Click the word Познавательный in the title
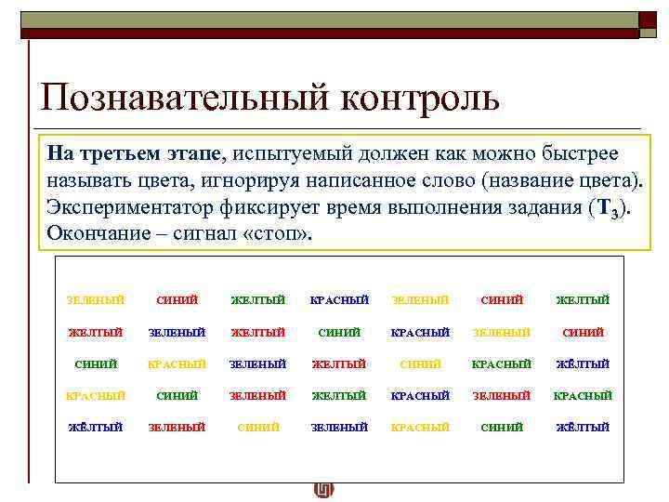(182, 98)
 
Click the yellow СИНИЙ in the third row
(421, 363)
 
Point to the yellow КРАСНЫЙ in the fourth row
(96, 395)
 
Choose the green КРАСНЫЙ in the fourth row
(584, 395)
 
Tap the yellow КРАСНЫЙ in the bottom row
(421, 428)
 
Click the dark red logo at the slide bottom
(324, 490)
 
